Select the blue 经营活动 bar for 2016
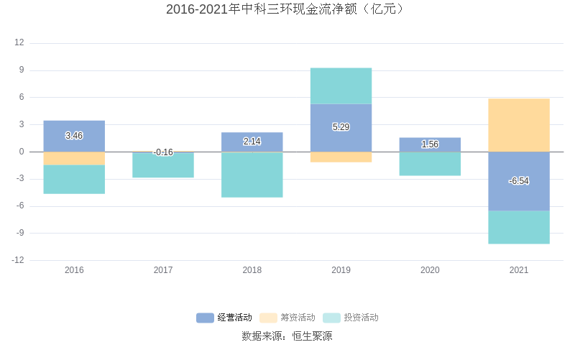(74, 136)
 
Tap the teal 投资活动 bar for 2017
(163, 165)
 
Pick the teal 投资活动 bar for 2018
(252, 175)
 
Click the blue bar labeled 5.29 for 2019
(341, 127)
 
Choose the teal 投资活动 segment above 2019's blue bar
(341, 86)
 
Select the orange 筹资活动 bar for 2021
(518, 125)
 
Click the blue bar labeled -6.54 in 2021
(518, 181)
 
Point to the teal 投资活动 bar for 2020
(430, 164)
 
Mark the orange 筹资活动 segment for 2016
(74, 159)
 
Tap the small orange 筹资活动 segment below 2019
(341, 157)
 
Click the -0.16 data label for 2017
(163, 152)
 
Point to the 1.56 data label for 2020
(430, 144)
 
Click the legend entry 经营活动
(224, 318)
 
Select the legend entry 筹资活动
(287, 318)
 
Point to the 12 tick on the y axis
(19, 43)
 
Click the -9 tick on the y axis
(19, 233)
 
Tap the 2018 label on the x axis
(252, 270)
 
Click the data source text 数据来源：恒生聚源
(287, 336)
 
